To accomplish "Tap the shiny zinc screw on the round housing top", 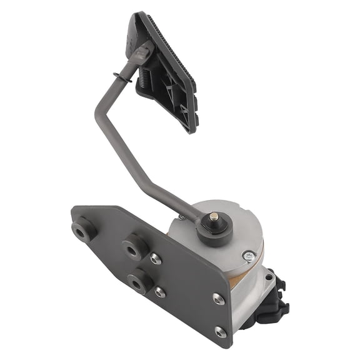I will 249,255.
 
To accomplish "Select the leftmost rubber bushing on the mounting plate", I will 84,230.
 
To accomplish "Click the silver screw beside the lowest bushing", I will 161,291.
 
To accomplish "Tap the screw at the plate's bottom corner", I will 220,332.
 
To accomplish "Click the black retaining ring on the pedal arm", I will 119,77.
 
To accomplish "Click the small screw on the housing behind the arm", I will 182,217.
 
